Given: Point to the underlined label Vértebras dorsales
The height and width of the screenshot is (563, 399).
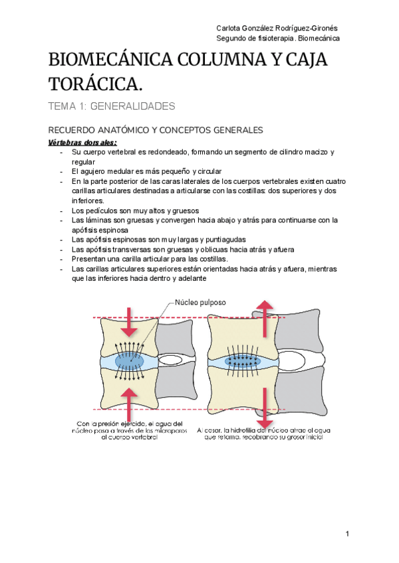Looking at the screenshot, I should coord(82,142).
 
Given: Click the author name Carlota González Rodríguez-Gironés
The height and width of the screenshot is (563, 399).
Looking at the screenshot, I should coord(278,27).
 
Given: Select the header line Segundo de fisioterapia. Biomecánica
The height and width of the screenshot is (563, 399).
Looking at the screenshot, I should coord(278,39).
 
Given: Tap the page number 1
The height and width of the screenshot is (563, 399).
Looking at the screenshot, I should coord(348,534).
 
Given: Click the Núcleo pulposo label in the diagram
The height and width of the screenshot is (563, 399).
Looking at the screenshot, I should coord(199,302).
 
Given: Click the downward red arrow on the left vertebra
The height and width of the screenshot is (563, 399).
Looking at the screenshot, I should coord(129,322).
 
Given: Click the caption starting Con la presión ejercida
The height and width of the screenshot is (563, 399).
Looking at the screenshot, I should coord(129,431).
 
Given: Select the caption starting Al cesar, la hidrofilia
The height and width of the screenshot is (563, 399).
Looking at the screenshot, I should coord(264,433).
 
